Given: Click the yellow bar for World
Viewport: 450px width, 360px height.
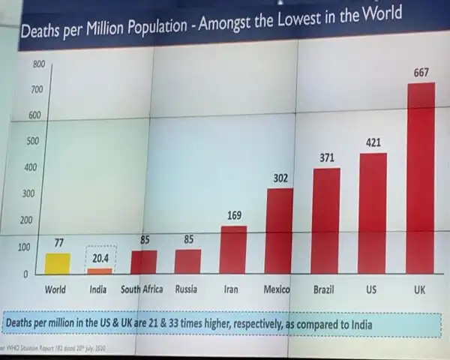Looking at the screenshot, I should [58, 263].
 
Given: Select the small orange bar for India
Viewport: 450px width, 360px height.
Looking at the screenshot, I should [99, 271].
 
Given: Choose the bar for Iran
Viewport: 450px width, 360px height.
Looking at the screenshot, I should [233, 249].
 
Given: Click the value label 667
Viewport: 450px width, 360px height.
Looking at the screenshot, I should [421, 73].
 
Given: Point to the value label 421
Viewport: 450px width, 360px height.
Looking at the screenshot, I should [374, 142].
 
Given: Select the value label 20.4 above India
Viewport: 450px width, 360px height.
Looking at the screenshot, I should [100, 258].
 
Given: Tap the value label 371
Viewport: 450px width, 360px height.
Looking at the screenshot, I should [326, 157].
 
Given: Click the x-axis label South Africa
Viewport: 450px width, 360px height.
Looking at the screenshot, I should [142, 289].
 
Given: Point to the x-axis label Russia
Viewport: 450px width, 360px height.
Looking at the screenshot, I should [187, 289].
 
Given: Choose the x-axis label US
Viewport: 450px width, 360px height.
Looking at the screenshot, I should [370, 289].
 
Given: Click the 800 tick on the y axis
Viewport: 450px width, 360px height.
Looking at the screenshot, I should [38, 64].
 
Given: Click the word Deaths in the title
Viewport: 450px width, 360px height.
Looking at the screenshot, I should [41, 32].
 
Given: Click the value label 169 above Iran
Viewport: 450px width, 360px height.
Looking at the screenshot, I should [234, 216].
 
